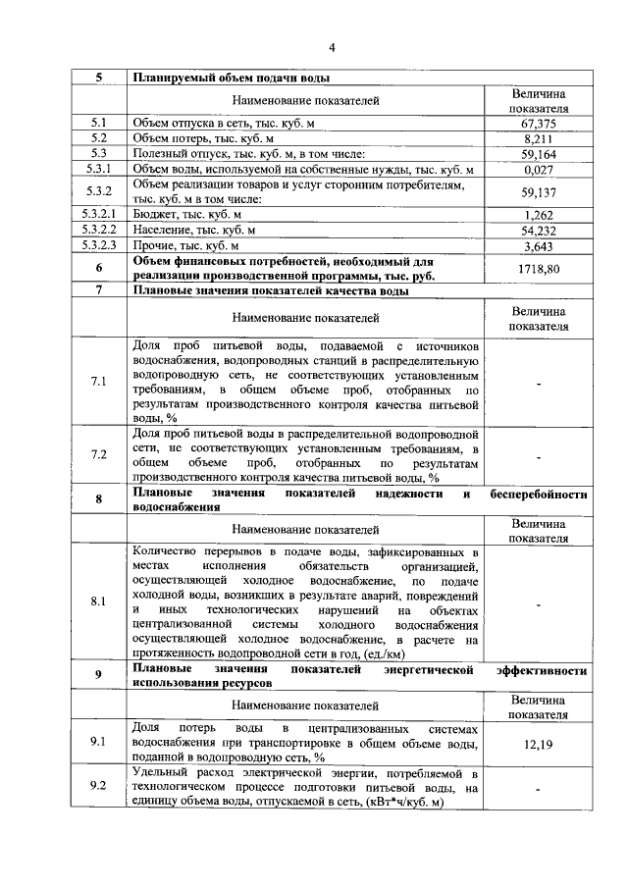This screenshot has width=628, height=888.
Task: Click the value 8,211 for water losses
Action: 539,138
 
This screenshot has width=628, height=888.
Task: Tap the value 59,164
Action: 539,154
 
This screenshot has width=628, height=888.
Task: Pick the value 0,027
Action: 539,170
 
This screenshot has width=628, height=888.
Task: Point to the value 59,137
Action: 539,192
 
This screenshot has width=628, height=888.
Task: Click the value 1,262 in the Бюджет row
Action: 539,215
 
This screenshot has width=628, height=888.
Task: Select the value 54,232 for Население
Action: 539,231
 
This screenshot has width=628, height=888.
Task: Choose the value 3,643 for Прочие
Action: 539,246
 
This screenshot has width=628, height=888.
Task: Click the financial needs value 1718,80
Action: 539,268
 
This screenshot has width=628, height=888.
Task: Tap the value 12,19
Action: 539,745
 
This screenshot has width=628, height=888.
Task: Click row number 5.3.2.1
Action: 98,215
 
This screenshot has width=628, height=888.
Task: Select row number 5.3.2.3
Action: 98,246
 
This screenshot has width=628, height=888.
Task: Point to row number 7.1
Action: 98,381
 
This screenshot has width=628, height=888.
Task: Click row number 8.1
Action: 98,601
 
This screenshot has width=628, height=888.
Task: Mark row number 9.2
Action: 98,786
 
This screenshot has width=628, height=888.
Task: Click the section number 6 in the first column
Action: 98,268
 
